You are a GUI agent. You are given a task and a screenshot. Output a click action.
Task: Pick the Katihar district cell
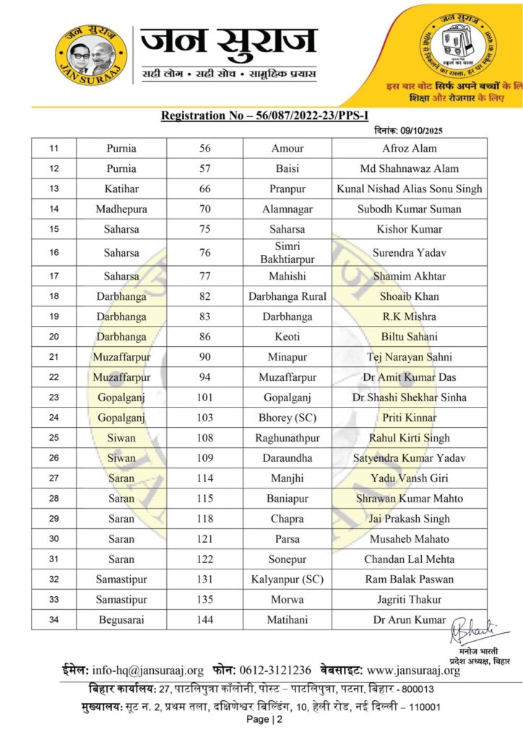pos(121,189)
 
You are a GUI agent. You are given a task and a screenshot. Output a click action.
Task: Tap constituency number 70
pos(205,210)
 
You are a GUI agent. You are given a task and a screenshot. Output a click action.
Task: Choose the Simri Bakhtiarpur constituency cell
pos(288,253)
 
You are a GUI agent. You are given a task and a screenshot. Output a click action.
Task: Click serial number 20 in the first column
pos(53,337)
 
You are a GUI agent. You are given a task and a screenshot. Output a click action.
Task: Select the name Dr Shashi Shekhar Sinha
pos(410,397)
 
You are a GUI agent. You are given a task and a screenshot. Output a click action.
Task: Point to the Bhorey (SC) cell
pos(288,418)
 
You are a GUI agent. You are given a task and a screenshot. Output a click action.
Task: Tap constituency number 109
pos(205,458)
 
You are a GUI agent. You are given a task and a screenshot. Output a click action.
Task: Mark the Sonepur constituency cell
pos(288,559)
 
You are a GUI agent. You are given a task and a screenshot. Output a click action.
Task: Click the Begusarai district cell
pos(121,620)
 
